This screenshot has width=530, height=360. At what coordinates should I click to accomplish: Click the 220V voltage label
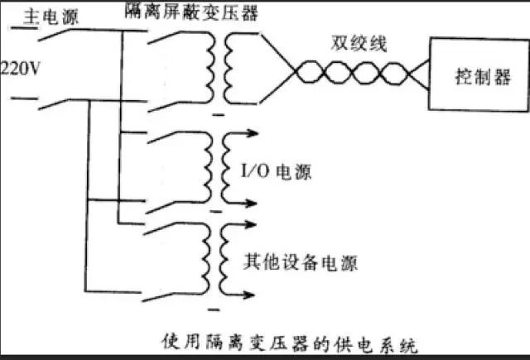click(x=20, y=70)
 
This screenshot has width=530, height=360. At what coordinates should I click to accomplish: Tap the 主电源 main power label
click(x=51, y=17)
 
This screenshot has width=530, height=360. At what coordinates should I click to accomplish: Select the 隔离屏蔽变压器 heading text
click(x=191, y=12)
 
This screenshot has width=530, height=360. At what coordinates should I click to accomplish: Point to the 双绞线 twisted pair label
click(x=359, y=44)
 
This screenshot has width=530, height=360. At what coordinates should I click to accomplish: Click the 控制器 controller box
click(x=479, y=74)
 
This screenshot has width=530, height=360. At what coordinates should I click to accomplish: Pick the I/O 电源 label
click(x=276, y=171)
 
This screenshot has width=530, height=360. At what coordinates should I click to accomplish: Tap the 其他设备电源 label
click(x=300, y=262)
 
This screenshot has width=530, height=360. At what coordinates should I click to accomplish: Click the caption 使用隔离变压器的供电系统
click(x=290, y=343)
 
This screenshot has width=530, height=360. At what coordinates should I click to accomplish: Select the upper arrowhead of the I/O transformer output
click(x=252, y=133)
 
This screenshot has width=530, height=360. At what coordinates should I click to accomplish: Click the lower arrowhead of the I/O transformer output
click(x=251, y=204)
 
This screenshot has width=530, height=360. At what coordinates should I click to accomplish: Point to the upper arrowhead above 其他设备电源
click(x=250, y=224)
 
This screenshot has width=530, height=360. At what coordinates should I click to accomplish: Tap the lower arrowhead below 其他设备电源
click(x=248, y=295)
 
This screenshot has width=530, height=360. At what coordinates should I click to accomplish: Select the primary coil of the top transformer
click(x=210, y=67)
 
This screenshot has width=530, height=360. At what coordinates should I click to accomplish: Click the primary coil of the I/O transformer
click(x=208, y=167)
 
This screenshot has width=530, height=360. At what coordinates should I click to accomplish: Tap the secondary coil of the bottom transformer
click(x=223, y=260)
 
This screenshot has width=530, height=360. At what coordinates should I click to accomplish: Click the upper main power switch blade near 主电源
click(x=54, y=35)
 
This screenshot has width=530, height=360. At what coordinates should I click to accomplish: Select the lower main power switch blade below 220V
click(x=54, y=105)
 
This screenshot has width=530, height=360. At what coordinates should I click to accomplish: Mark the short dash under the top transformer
click(x=219, y=115)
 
